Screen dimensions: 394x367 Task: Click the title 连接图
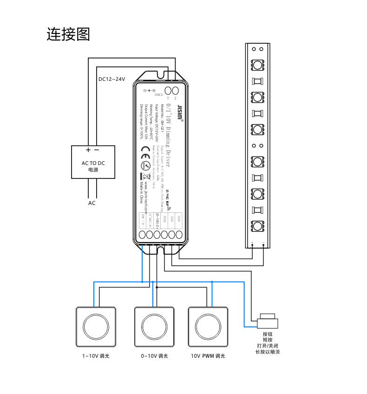pyautogui.click(x=68, y=34)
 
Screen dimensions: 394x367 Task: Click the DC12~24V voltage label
pyautogui.click(x=112, y=79)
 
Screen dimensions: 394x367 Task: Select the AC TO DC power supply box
pyautogui.click(x=92, y=162)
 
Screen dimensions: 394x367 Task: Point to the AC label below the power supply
pyautogui.click(x=92, y=203)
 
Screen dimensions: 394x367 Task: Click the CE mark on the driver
pyautogui.click(x=144, y=150)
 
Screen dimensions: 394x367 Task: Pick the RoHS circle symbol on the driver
pyautogui.click(x=144, y=166)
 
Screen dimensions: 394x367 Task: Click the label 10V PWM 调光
pyautogui.click(x=208, y=356)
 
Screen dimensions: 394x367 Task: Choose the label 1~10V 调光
pyautogui.click(x=95, y=356)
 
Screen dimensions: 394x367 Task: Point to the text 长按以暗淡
pyautogui.click(x=267, y=352)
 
